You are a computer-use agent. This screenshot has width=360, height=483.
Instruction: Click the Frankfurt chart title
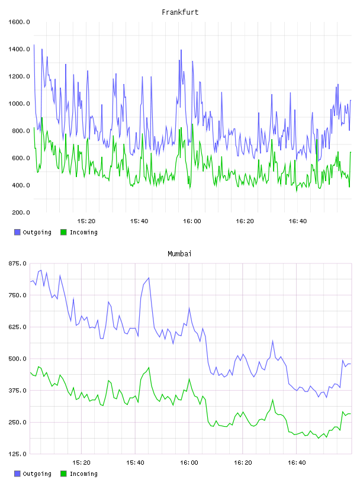pos(180,12)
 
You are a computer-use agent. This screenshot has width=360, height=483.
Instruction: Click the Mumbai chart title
pos(179,254)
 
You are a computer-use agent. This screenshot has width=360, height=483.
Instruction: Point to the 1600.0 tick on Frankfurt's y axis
pos(19,22)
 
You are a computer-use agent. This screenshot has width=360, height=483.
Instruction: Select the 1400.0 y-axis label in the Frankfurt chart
pos(19,49)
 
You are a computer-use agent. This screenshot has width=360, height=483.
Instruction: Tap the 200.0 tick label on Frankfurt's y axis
pos(21,212)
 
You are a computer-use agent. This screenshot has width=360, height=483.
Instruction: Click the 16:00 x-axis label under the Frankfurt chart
pos(192,221)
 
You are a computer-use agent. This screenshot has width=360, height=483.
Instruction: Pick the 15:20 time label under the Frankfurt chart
pos(86,221)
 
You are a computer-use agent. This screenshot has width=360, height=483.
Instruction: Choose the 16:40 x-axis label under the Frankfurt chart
pos(298,221)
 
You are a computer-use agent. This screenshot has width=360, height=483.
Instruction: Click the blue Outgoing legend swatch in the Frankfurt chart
pos(17,232)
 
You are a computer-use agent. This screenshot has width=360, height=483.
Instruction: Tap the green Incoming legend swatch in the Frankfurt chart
pos(63,232)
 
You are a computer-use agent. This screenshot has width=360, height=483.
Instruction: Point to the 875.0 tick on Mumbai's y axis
pos(18,263)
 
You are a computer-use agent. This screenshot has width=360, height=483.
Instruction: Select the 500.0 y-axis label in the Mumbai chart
pos(18,359)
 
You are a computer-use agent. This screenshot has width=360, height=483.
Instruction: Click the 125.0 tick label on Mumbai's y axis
pos(18,454)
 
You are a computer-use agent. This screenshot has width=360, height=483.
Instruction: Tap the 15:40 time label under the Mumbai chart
pos(135,463)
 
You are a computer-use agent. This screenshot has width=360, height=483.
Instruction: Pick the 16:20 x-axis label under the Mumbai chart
pos(243,463)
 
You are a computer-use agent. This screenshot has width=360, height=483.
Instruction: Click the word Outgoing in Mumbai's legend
pos(37,474)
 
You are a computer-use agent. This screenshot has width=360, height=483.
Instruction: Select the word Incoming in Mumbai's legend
pos(83,474)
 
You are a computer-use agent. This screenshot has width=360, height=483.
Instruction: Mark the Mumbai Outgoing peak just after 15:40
pos(149,278)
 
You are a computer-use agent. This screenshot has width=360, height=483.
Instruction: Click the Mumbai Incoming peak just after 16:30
pos(273,400)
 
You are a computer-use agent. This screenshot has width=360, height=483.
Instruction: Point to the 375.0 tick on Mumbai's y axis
pos(18,391)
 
